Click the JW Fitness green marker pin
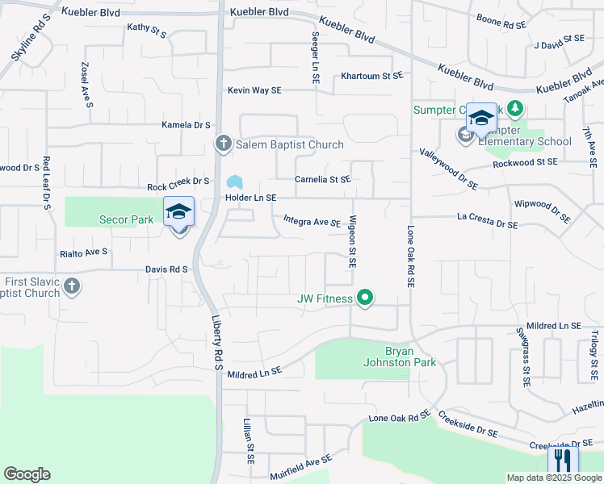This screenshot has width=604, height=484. pos(365,298)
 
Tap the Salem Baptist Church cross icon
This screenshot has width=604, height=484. pos(224,144)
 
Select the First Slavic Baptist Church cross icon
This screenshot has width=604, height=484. pos(72,286)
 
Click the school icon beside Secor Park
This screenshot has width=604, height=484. pos(178,213)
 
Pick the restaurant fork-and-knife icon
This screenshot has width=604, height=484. pos(562,461)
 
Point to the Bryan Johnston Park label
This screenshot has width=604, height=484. pos(410,356)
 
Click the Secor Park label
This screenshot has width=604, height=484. pos(126,219)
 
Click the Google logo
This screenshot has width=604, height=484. pos(27,474)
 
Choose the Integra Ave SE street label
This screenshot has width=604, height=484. pos(312,221)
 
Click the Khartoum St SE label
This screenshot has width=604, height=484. pos(371,76)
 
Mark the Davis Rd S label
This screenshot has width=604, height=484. pos(166,269)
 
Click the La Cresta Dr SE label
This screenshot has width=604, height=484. pos(487,221)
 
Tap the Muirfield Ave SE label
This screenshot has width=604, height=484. pos(300,468)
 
